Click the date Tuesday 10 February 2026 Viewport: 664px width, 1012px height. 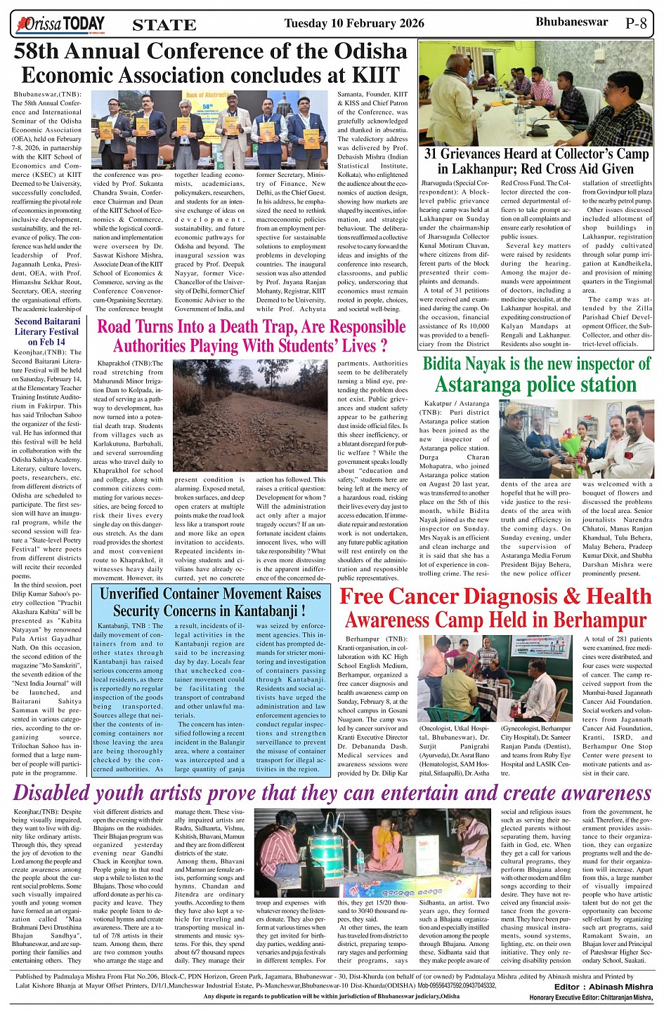(353, 23)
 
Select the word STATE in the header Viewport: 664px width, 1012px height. (164, 25)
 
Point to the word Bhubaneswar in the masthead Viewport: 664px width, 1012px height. (571, 22)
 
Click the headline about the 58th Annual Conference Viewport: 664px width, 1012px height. (211, 63)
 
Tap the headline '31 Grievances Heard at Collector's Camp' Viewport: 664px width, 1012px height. (535, 161)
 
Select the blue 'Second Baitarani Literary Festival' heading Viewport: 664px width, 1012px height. (47, 331)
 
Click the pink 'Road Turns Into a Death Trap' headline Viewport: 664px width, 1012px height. (251, 336)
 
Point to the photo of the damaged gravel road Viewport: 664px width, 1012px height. (249, 417)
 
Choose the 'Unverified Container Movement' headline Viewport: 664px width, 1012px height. (210, 602)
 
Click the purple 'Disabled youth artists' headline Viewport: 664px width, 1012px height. (332, 792)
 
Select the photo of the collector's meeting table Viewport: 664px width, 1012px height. (535, 93)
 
